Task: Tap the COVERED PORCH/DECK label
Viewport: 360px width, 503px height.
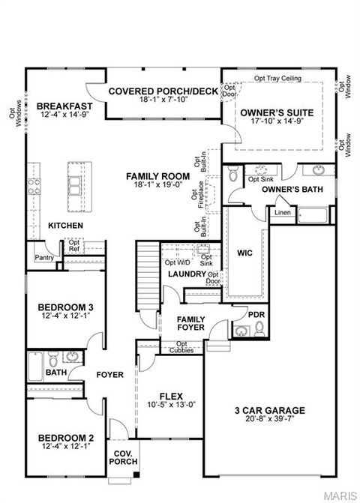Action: point(162,91)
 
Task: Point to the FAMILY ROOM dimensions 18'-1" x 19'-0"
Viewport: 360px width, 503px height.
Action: point(157,184)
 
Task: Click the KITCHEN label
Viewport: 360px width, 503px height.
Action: point(65,226)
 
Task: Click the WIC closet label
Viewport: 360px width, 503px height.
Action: point(244,253)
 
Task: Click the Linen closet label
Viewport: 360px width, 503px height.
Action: point(282,213)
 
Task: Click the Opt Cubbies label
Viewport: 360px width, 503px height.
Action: point(180,350)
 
